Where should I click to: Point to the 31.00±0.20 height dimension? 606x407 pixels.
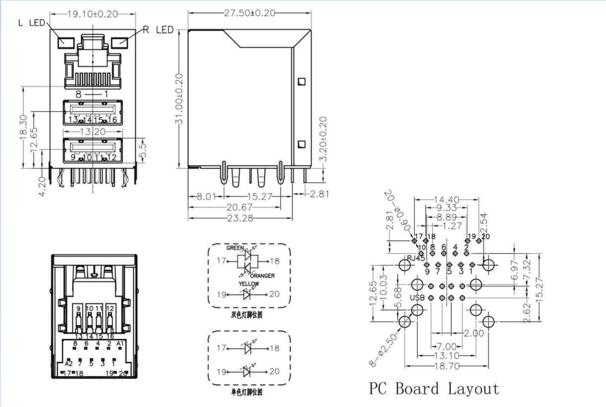pyautogui.click(x=180, y=98)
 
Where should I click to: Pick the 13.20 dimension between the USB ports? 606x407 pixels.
pyautogui.click(x=93, y=132)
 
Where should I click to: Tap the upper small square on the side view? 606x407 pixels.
pyautogui.click(x=302, y=81)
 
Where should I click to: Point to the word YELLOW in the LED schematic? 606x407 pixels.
pyautogui.click(x=248, y=284)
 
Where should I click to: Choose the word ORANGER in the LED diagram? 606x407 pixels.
pyautogui.click(x=262, y=275)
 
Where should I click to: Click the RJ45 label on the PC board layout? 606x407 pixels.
pyautogui.click(x=416, y=258)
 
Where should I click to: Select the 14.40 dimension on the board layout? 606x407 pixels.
pyautogui.click(x=446, y=200)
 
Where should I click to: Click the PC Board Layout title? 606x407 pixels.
pyautogui.click(x=434, y=389)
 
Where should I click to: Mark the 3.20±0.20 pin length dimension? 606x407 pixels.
pyautogui.click(x=323, y=139)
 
